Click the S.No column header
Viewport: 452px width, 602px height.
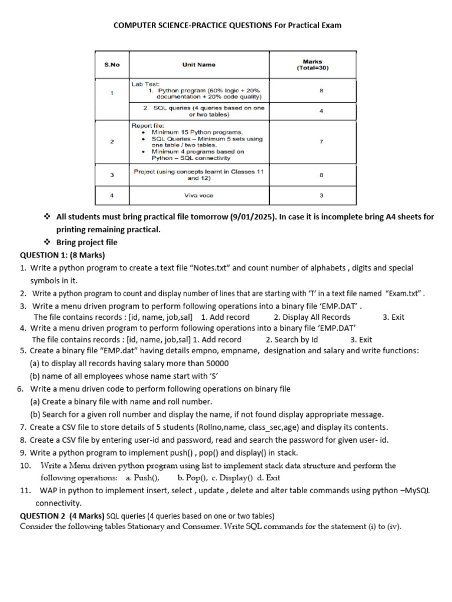coord(112,65)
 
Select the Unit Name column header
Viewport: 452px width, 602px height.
coord(198,65)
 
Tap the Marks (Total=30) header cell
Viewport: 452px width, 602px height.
coord(313,65)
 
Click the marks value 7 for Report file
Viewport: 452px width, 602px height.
coord(321,142)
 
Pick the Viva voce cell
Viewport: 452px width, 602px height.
coord(198,195)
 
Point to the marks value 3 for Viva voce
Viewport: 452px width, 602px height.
coord(321,195)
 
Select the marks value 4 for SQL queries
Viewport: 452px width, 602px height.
coord(321,111)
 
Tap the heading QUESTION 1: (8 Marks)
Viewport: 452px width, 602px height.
coord(62,255)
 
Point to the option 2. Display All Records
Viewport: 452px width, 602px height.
coord(312,317)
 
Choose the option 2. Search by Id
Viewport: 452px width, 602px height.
coord(292,339)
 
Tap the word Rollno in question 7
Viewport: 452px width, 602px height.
coord(193,427)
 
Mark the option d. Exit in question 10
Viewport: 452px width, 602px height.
coord(269,477)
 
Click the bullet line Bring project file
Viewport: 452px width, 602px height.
coord(87,242)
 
